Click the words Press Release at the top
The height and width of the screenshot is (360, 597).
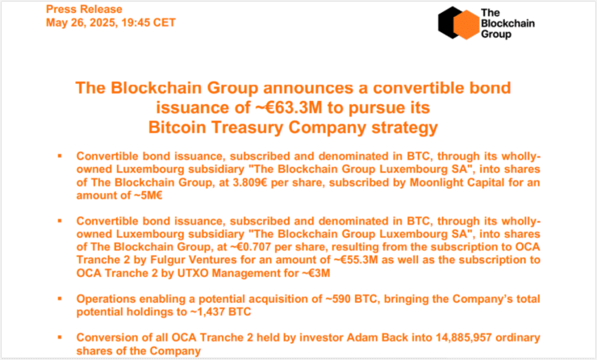point(84,9)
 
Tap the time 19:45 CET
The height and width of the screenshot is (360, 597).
point(148,23)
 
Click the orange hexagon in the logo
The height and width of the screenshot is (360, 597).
point(466,25)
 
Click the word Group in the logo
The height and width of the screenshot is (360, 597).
point(496,34)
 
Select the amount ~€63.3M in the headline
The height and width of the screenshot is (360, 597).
point(289,108)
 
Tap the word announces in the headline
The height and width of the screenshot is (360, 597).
point(314,88)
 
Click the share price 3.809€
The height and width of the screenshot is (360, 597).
point(250,182)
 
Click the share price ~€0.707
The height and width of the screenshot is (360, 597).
point(251,247)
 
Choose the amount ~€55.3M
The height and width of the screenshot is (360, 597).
point(356,260)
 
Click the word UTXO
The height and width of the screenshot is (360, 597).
point(193,273)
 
